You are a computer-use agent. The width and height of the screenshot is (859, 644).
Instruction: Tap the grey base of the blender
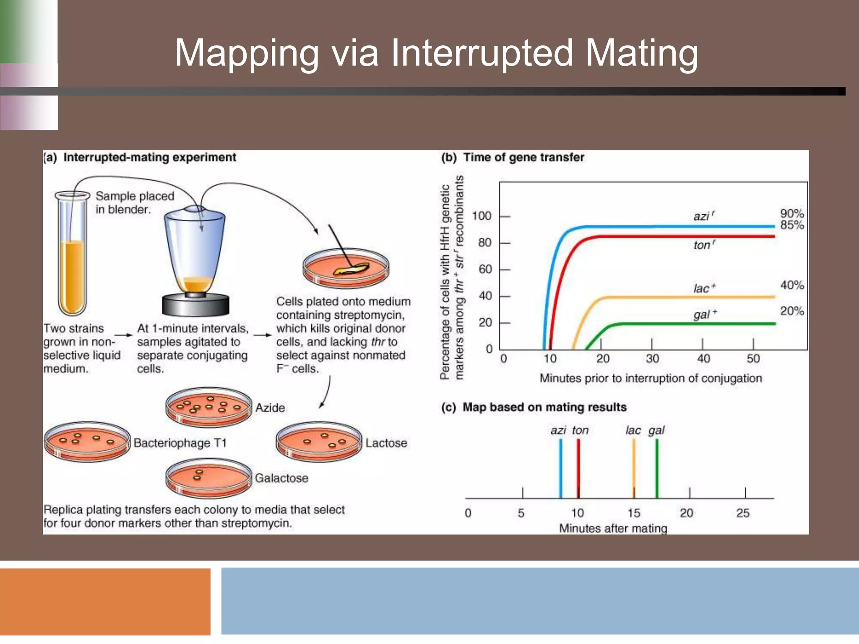tap(195, 305)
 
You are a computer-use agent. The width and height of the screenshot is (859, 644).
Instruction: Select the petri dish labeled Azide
tap(208, 407)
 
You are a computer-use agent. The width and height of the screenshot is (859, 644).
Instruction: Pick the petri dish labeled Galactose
tap(208, 478)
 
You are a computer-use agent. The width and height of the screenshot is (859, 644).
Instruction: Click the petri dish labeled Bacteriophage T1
tap(87, 442)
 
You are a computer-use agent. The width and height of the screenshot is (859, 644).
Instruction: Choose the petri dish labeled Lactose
tap(319, 442)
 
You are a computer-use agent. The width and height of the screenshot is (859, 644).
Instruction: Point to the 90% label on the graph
tap(791, 213)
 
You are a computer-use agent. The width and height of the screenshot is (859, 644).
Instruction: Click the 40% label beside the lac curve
tap(791, 285)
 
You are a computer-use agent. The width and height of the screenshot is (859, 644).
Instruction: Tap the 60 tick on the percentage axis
tap(485, 269)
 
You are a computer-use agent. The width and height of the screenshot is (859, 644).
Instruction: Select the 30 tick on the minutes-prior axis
tap(652, 358)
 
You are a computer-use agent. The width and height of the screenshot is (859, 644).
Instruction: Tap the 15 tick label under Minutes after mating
tap(634, 513)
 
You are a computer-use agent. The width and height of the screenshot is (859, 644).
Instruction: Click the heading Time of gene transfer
tap(523, 157)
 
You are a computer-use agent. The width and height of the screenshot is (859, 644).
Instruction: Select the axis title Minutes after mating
tap(613, 528)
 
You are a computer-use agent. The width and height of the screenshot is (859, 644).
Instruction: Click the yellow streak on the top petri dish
tap(351, 269)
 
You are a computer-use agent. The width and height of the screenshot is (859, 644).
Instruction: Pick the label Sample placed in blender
tap(134, 203)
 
